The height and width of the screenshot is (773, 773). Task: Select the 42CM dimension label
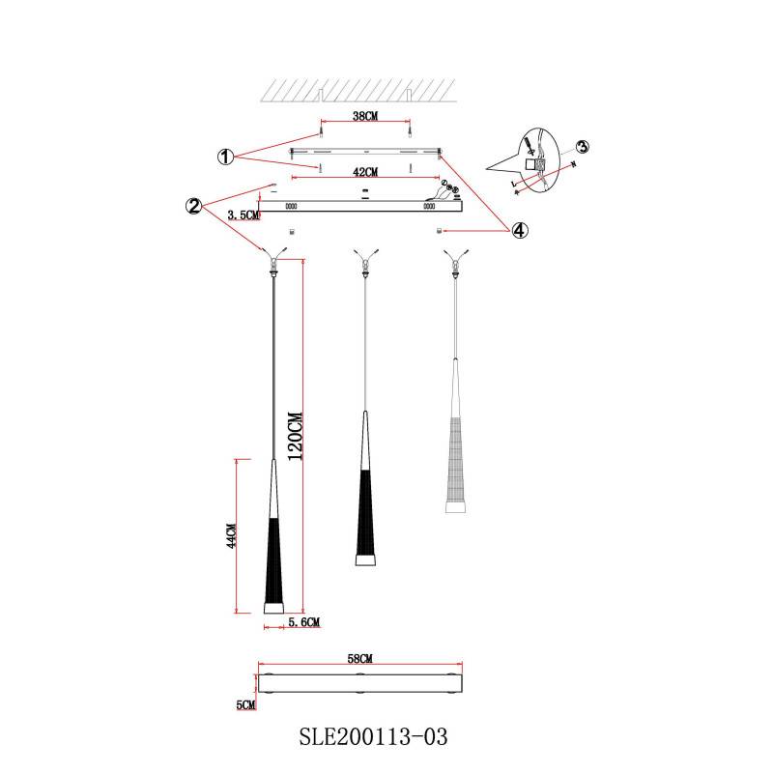click(x=363, y=172)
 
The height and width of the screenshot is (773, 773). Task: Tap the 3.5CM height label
click(x=243, y=215)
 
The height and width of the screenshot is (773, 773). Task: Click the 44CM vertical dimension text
click(x=230, y=536)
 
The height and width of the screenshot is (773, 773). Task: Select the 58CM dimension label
click(x=359, y=657)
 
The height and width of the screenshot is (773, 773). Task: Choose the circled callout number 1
click(x=224, y=157)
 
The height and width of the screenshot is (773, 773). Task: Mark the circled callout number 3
click(x=583, y=147)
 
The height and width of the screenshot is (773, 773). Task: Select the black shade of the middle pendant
click(x=364, y=512)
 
